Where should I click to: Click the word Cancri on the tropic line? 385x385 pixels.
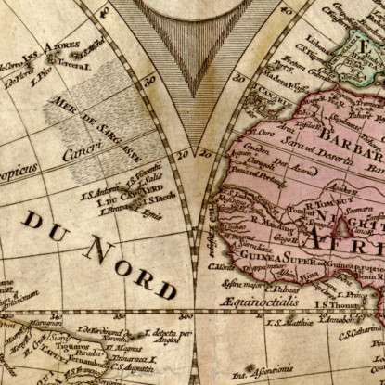83,154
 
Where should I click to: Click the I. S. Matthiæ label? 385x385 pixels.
286,321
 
